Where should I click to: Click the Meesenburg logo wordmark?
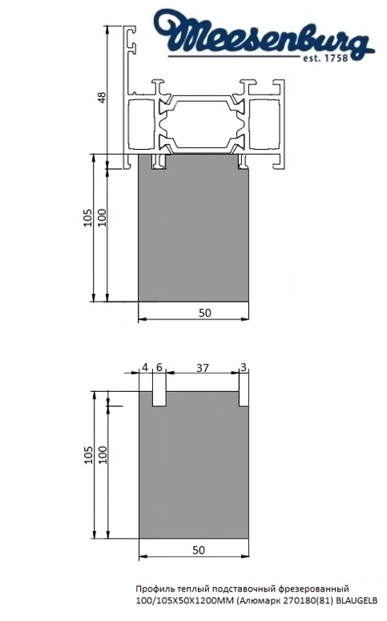click(x=268, y=36)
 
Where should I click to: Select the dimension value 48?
click(x=100, y=98)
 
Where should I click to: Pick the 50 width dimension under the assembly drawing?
click(x=205, y=313)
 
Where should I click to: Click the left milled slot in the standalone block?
click(x=159, y=397)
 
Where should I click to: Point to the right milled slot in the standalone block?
click(x=242, y=397)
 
